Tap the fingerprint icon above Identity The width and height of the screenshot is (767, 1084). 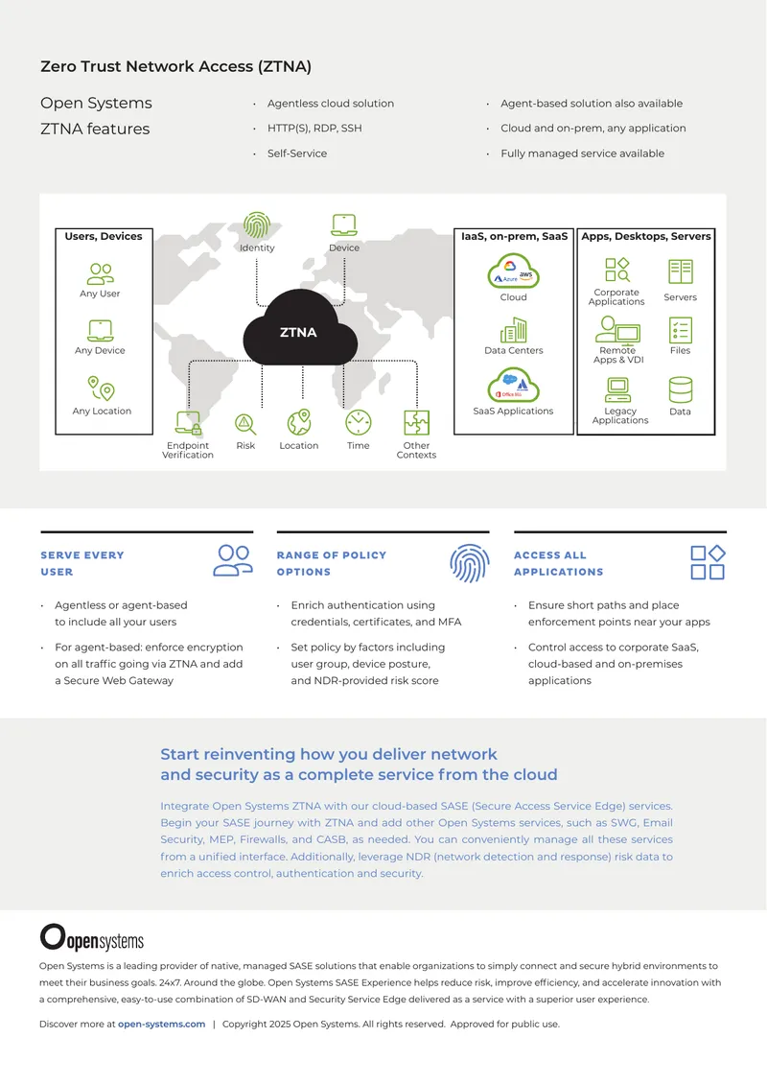click(257, 225)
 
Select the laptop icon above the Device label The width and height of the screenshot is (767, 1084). click(344, 225)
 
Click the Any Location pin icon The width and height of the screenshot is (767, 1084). click(101, 388)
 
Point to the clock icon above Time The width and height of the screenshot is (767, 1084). click(358, 422)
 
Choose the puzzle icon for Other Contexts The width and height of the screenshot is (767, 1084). click(417, 422)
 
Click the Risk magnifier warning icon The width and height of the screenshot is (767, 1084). click(245, 424)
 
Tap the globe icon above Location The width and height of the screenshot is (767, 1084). click(299, 422)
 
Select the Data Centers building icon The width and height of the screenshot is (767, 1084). click(513, 330)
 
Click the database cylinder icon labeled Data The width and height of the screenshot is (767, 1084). click(680, 389)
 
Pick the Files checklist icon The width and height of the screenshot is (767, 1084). click(680, 330)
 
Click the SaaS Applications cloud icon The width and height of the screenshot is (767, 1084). click(513, 385)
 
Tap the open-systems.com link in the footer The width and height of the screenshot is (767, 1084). click(162, 1024)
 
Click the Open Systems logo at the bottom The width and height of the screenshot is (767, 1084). click(92, 937)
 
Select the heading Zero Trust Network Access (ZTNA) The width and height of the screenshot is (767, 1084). click(176, 66)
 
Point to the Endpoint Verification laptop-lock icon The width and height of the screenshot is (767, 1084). click(188, 423)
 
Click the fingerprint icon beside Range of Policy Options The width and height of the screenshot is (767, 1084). click(470, 563)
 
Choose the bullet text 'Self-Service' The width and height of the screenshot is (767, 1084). click(297, 153)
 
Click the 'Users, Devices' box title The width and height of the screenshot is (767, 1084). click(104, 236)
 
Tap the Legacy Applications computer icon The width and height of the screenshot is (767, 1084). click(617, 389)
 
